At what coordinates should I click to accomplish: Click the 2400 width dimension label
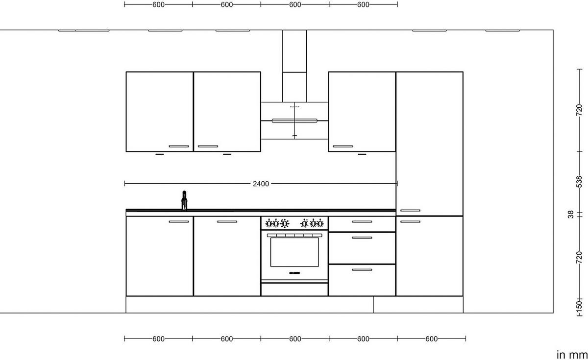(x=261, y=184)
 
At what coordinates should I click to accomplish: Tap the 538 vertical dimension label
(x=579, y=182)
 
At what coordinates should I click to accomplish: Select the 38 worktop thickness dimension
(x=571, y=215)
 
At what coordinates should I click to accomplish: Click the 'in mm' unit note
(x=572, y=355)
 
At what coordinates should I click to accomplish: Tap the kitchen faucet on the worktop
(x=184, y=201)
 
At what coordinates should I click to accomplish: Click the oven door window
(x=294, y=252)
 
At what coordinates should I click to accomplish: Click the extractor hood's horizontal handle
(x=294, y=120)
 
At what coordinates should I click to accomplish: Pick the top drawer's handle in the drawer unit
(x=362, y=222)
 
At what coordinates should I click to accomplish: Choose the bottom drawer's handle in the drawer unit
(x=362, y=270)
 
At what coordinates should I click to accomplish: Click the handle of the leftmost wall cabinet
(x=178, y=146)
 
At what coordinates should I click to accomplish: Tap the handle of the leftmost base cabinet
(x=178, y=222)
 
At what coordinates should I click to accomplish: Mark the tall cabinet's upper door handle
(x=410, y=211)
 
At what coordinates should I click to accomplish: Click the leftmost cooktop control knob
(x=269, y=223)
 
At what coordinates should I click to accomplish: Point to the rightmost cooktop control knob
(x=320, y=223)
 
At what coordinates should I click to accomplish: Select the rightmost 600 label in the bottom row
(x=431, y=339)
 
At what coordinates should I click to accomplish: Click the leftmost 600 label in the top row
(x=158, y=4)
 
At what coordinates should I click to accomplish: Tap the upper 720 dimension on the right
(x=579, y=110)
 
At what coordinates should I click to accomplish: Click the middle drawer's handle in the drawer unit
(x=362, y=238)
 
